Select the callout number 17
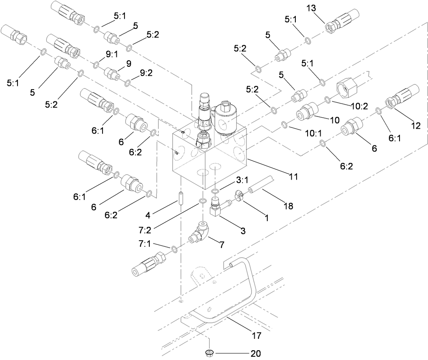tap(256, 336)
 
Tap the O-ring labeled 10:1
tap(285, 124)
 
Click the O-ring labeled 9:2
tap(128, 83)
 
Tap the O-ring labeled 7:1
tap(174, 249)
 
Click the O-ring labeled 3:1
tap(216, 191)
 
